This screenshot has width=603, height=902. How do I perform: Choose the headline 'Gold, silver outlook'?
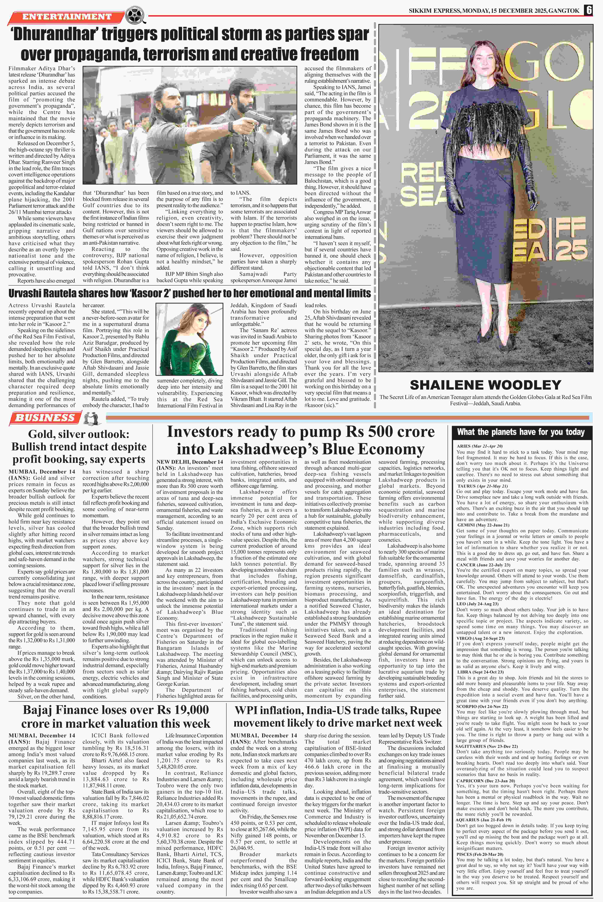(79, 434)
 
